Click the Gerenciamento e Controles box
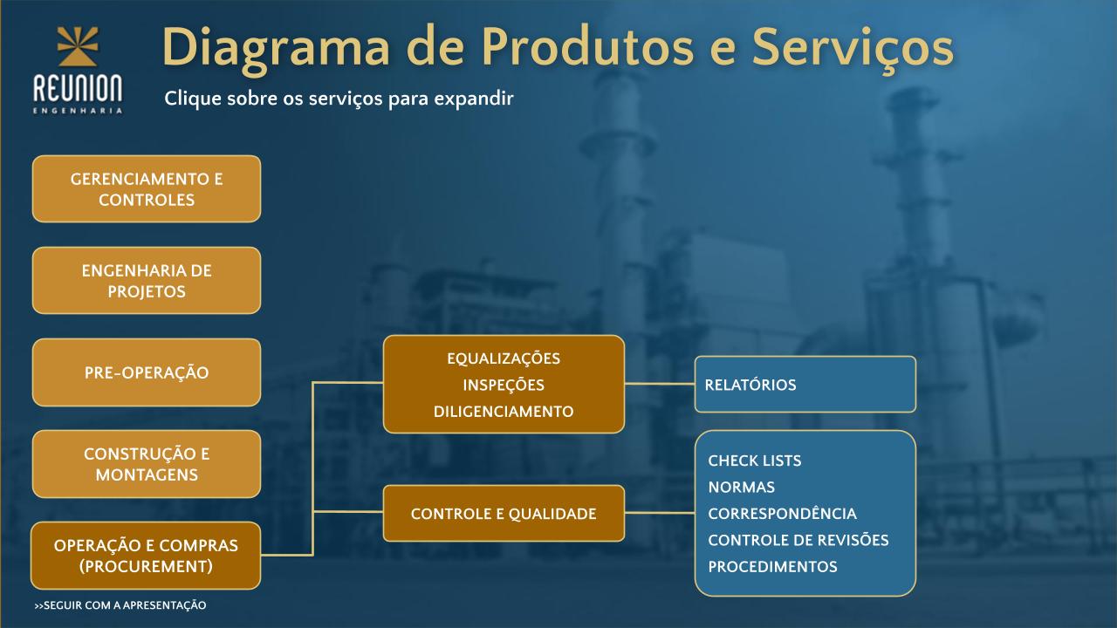tap(147, 189)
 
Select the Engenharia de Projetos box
tap(147, 281)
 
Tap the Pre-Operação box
tap(147, 372)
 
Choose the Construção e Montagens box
tap(147, 464)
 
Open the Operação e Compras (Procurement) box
tap(146, 556)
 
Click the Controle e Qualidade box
tap(504, 514)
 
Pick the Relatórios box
tap(805, 385)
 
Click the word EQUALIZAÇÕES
tap(504, 358)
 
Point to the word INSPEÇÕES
tap(504, 385)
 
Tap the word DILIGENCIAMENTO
tap(504, 411)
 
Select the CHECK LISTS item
tap(755, 461)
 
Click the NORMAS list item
tap(742, 487)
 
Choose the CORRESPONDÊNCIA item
tap(783, 514)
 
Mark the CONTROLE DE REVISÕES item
tap(798, 540)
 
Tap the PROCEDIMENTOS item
tap(772, 567)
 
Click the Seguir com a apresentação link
tap(120, 605)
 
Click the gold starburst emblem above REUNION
tap(78, 46)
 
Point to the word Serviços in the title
tap(853, 48)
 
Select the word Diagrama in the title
tap(276, 48)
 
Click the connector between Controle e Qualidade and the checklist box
tap(660, 512)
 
